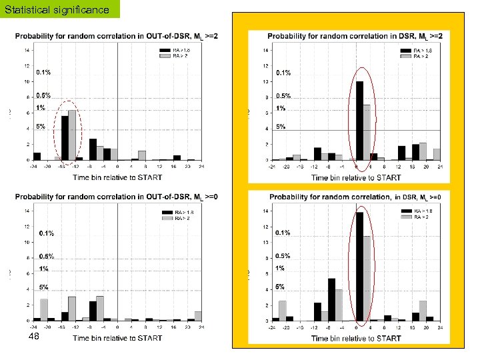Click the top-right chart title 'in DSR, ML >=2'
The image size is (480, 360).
point(353,35)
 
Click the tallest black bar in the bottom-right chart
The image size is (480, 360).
point(359,267)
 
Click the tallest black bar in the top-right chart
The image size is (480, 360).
point(359,120)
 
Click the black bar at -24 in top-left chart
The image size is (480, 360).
point(37,156)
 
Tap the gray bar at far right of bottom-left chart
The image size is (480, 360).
point(198,315)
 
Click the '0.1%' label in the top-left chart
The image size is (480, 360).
point(43,72)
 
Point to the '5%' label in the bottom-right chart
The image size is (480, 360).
point(280,287)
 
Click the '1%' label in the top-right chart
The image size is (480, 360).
point(281,108)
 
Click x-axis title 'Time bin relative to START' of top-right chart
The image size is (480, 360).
point(356,177)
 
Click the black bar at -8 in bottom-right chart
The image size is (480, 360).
point(331,299)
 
